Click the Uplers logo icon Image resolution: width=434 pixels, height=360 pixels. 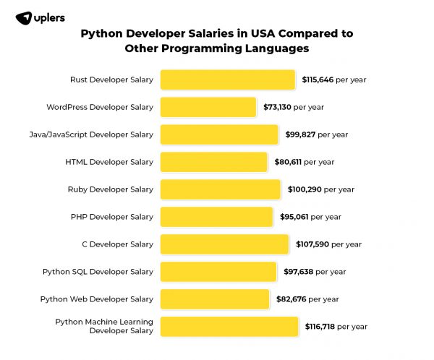coord(23,17)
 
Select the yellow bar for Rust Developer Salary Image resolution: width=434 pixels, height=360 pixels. coord(227,80)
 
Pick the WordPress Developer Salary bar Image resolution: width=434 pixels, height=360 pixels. coord(208,107)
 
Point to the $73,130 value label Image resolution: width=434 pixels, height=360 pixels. coord(276,107)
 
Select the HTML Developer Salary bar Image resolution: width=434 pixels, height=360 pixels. coord(213,162)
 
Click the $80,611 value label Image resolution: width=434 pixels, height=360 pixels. coord(288,162)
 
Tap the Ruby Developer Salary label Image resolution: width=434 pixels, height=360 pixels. coord(111,189)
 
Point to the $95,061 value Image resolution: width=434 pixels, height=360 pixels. coord(294,217)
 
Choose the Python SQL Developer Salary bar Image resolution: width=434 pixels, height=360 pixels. coord(218,272)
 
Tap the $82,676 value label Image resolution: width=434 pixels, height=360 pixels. coord(291,299)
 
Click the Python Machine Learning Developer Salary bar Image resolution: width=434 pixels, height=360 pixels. coord(229,327)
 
